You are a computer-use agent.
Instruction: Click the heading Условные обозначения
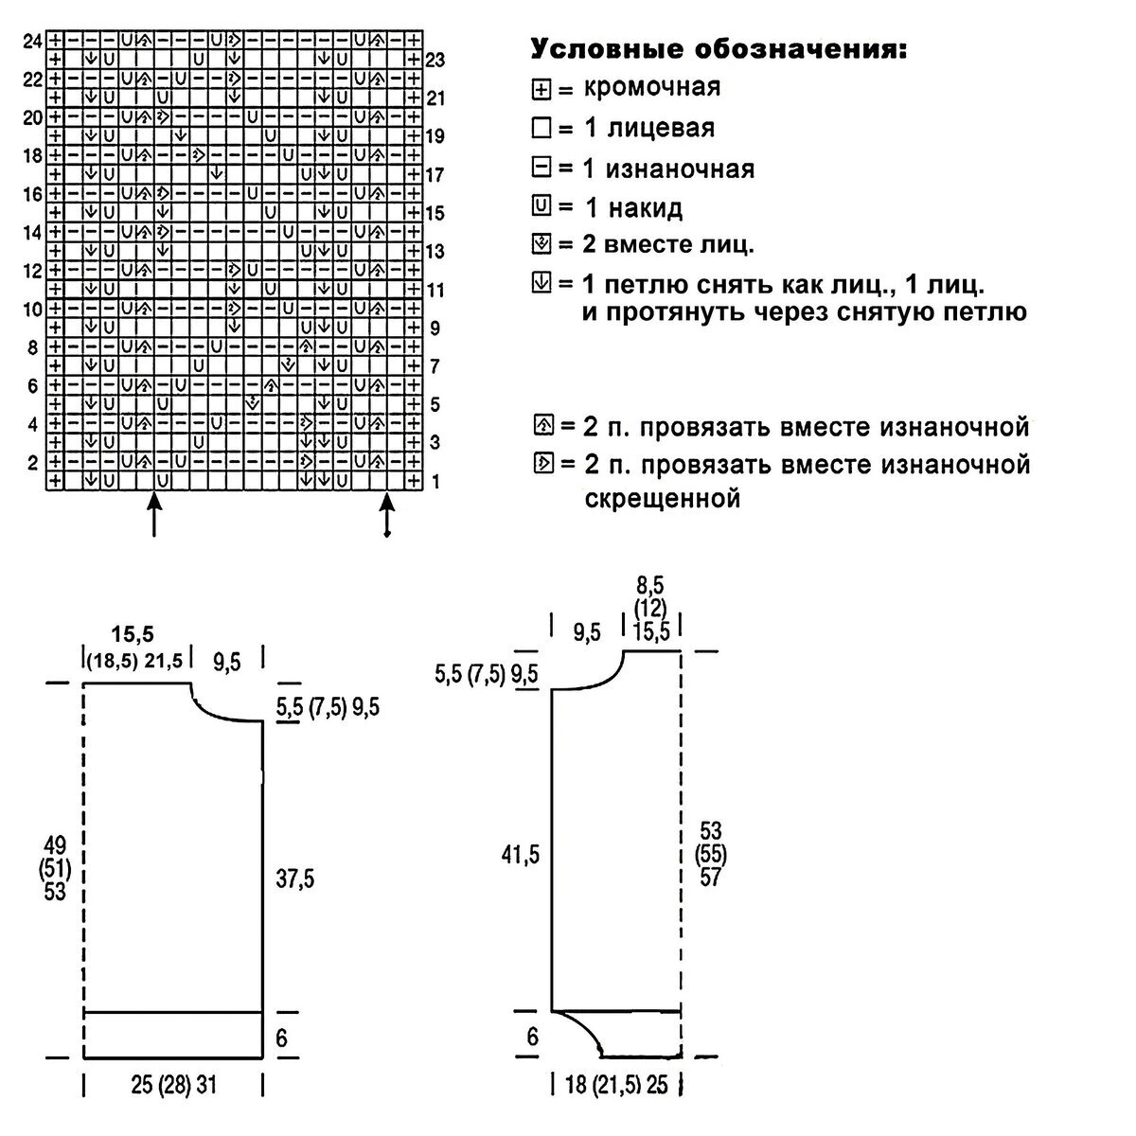tap(719, 49)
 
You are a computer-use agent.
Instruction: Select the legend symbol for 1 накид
tap(541, 206)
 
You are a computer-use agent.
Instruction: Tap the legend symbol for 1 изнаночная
tap(541, 169)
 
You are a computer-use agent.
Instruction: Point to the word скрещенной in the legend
tap(660, 498)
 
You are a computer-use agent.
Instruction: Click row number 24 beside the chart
tap(33, 42)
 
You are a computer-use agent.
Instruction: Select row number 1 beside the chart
tap(435, 482)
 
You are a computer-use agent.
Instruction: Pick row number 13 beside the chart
tap(435, 252)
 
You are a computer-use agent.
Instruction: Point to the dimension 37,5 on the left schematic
tap(295, 879)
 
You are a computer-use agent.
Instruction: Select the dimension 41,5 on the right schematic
tap(521, 855)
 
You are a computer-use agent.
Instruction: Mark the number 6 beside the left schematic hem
tap(281, 1038)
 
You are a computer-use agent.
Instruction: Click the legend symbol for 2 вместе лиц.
tap(541, 246)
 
